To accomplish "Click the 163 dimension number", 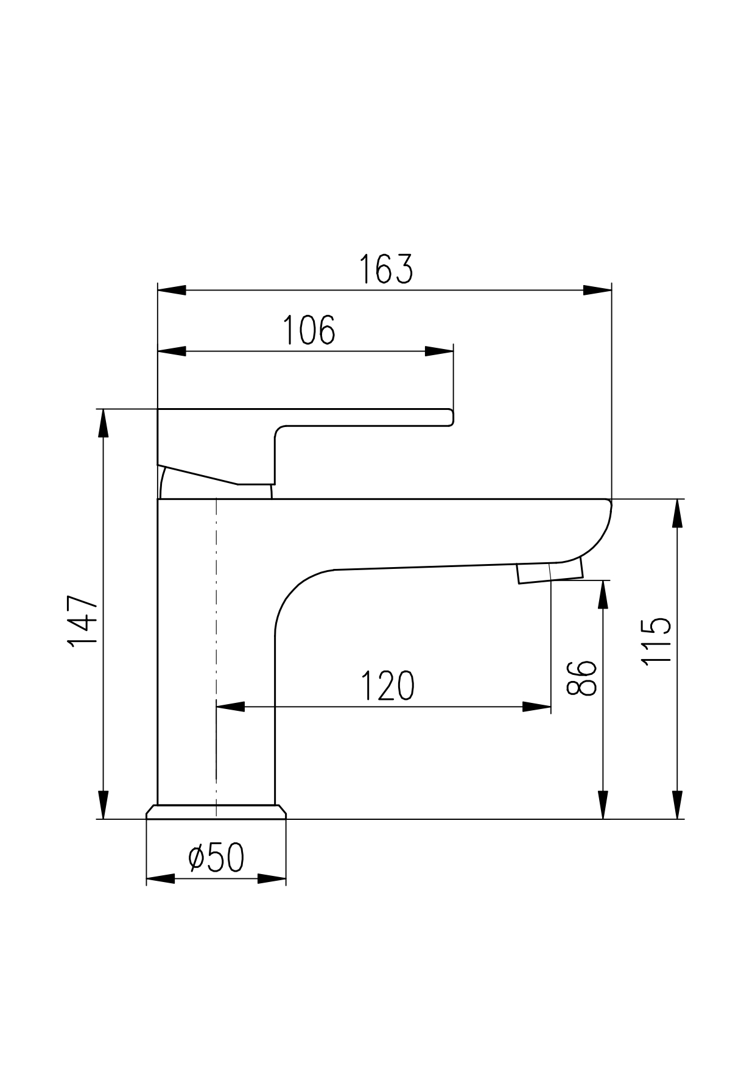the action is [x=385, y=269].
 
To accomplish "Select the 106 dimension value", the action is [x=309, y=330].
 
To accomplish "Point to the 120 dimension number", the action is [x=387, y=686].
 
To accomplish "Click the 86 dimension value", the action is [x=581, y=677].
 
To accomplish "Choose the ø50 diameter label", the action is [x=216, y=858].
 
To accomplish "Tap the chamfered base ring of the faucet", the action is [x=216, y=812].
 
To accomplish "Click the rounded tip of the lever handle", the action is [x=451, y=417].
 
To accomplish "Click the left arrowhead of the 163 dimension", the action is [x=172, y=290].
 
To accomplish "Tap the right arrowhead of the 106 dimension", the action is [x=439, y=351].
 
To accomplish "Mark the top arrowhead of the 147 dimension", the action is [x=104, y=423].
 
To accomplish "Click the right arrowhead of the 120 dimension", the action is [x=537, y=707].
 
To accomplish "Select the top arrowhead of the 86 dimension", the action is [x=603, y=594].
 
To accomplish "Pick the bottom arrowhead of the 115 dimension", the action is [x=677, y=805].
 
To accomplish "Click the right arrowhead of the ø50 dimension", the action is [x=272, y=879].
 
